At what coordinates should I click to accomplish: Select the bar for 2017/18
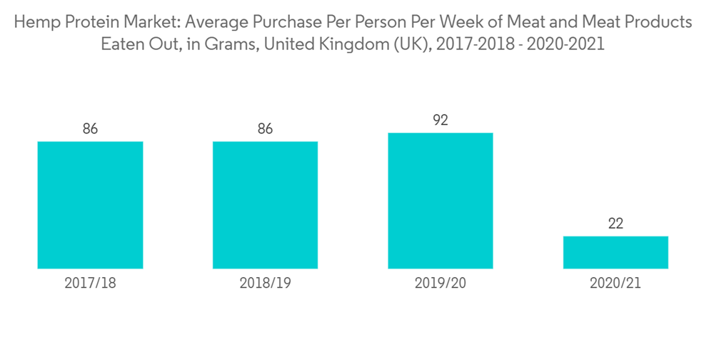(x=90, y=205)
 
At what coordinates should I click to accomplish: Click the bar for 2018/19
(x=265, y=205)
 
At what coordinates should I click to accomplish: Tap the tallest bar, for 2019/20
(x=441, y=201)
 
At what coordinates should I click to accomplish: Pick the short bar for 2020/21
(x=615, y=252)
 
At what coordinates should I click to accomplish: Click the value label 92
(x=441, y=120)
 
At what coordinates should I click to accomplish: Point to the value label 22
(x=615, y=224)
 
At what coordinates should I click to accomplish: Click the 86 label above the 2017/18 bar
(x=90, y=129)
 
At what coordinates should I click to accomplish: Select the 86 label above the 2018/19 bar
(x=265, y=129)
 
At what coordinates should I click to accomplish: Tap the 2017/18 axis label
(x=90, y=283)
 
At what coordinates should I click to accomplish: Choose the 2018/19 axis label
(x=265, y=283)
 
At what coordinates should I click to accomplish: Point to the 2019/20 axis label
(x=441, y=283)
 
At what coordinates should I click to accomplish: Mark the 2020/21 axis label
(x=615, y=283)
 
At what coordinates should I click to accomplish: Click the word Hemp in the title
(x=34, y=22)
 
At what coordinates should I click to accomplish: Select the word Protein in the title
(x=83, y=22)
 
